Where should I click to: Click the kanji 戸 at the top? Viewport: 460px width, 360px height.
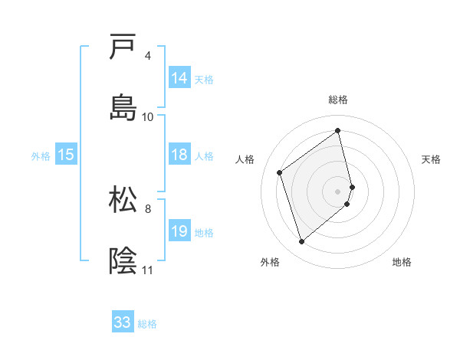(x=123, y=48)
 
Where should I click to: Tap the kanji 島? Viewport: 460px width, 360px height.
(x=123, y=106)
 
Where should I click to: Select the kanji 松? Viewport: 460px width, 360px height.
(x=123, y=201)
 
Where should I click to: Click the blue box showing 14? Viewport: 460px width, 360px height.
(x=179, y=78)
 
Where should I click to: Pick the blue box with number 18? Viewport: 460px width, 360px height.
(x=179, y=155)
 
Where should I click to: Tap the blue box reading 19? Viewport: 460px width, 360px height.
(x=179, y=231)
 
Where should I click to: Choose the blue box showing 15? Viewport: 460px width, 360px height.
(x=66, y=155)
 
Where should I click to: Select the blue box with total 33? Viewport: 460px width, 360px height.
(x=123, y=322)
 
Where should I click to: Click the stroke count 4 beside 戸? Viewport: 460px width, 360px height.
(x=148, y=56)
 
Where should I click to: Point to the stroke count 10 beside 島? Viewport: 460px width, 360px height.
(x=148, y=116)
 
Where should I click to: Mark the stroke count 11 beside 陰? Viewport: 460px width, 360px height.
(x=148, y=270)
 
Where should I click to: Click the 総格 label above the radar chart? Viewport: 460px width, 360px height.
(x=338, y=100)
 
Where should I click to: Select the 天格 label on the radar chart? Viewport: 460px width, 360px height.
(x=432, y=159)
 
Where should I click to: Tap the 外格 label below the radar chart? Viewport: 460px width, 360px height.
(x=270, y=262)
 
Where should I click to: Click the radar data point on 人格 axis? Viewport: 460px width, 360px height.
(x=280, y=172)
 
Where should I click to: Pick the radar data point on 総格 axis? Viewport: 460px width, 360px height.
(x=338, y=131)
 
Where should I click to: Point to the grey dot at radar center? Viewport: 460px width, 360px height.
(x=338, y=190)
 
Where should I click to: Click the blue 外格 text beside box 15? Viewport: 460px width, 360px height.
(x=41, y=155)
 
